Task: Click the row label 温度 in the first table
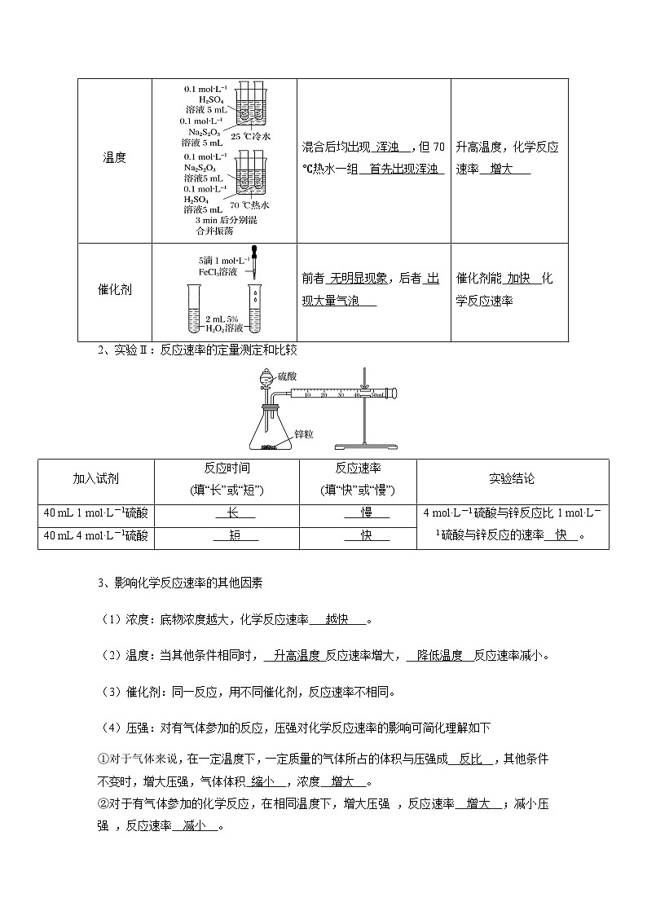coord(114,158)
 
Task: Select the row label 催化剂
coord(114,289)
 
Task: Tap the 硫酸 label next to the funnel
coord(288,376)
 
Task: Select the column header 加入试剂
coord(95,479)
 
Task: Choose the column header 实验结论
coord(512,479)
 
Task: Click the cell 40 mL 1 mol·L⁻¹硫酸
coord(95,512)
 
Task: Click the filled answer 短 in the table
coord(235,535)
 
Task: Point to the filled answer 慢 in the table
coord(366,512)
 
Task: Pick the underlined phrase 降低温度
coord(439,655)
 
